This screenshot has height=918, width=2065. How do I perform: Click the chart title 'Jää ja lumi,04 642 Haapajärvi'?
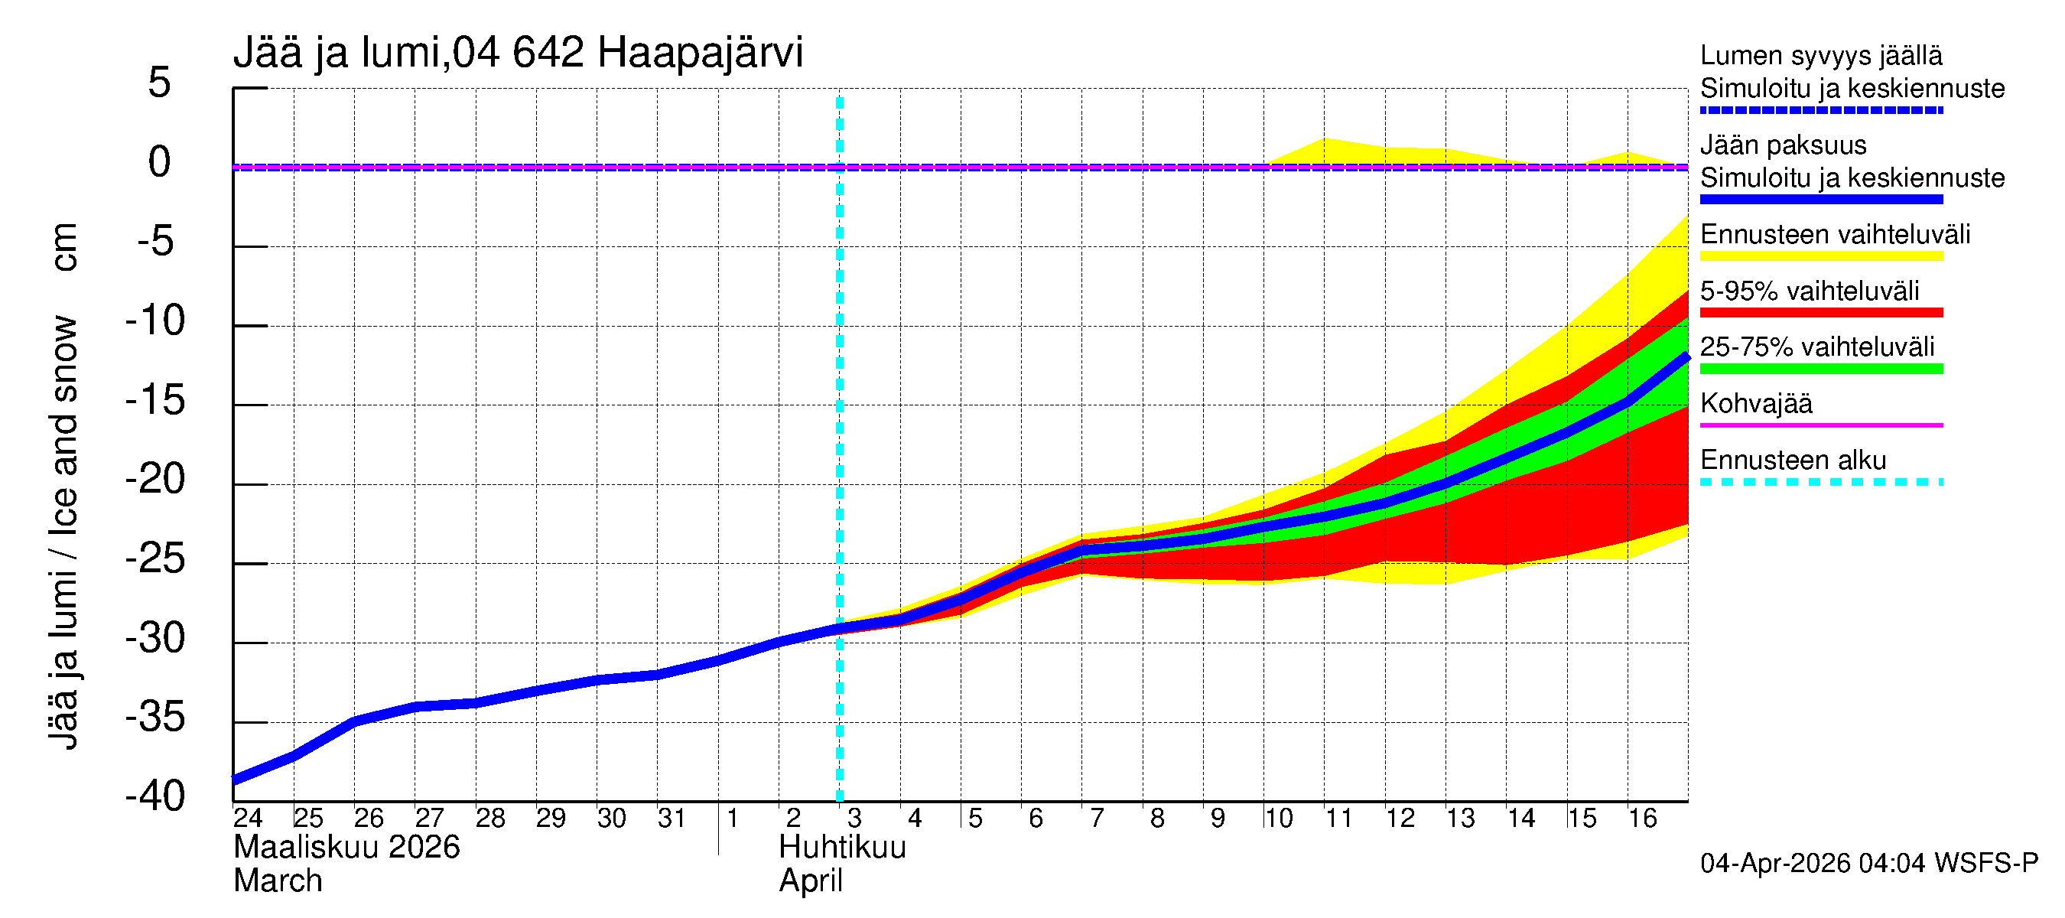click(x=518, y=53)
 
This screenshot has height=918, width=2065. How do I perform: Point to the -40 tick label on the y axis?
click(x=155, y=796)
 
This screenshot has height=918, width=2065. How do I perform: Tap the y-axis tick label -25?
click(x=155, y=558)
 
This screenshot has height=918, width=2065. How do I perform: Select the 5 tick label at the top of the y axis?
click(x=160, y=83)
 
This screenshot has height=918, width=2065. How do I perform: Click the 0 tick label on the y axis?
click(x=160, y=162)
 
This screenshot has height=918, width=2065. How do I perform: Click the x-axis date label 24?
click(x=248, y=818)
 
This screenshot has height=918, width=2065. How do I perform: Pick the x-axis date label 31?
click(x=672, y=818)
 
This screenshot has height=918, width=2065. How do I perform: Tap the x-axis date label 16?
click(x=1643, y=818)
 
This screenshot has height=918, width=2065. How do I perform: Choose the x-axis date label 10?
click(x=1279, y=818)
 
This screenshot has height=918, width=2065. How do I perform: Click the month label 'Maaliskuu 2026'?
click(x=346, y=848)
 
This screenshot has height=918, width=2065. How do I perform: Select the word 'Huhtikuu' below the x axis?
click(x=843, y=848)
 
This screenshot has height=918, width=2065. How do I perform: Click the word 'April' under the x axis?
click(x=811, y=881)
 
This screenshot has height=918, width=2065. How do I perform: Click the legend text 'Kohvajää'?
click(x=1755, y=403)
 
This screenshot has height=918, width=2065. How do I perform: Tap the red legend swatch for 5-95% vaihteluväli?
click(x=1820, y=313)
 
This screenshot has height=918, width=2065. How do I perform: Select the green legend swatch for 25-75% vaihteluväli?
click(x=1820, y=369)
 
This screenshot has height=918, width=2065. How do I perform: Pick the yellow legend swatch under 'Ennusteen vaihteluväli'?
click(x=1820, y=256)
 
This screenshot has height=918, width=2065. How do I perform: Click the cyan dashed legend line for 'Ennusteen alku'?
click(x=1820, y=482)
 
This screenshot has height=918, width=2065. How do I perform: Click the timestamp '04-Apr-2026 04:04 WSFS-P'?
click(x=1868, y=864)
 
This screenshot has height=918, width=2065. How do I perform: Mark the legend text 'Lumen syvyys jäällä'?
click(x=1821, y=55)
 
